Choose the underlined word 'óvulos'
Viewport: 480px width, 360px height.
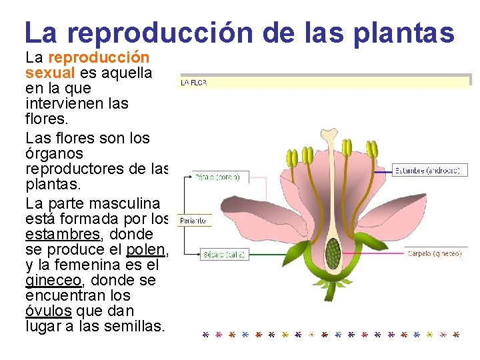point(49,311)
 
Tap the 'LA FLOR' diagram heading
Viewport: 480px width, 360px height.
point(193,83)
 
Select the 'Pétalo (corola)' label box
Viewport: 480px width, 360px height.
point(216,177)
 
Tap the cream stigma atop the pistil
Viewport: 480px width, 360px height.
point(329,137)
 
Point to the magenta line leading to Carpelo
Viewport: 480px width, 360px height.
point(373,254)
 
